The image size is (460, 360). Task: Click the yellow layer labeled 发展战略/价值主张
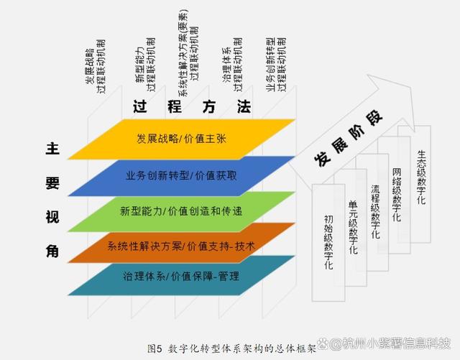(x=181, y=139)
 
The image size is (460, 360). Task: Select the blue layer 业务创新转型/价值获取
(x=181, y=176)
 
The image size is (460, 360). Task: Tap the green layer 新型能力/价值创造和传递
(x=181, y=211)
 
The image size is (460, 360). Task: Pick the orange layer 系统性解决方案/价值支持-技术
(x=181, y=246)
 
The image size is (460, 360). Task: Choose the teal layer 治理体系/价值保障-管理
(x=181, y=277)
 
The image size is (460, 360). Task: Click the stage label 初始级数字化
(x=328, y=242)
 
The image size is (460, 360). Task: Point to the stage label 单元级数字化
(x=353, y=227)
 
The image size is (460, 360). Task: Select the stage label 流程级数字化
(x=375, y=211)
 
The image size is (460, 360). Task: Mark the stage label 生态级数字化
(x=421, y=177)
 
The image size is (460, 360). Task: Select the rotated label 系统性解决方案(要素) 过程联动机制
(x=188, y=53)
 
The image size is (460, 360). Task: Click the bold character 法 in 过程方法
(x=244, y=106)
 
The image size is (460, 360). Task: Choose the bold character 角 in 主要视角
(x=52, y=251)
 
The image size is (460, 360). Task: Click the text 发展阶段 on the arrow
(x=348, y=139)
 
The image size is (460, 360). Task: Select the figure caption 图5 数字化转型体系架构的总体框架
(x=231, y=349)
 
